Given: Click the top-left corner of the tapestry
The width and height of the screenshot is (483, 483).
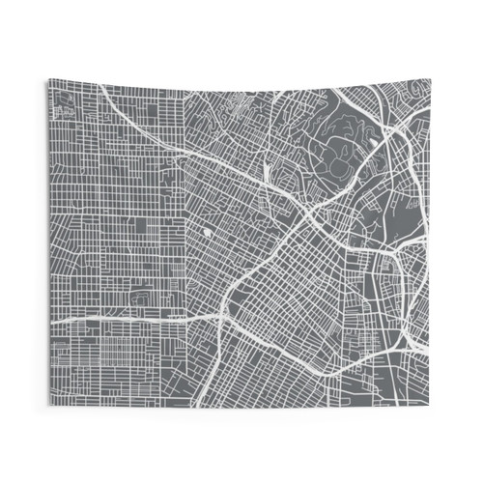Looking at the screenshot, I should pos(46,80).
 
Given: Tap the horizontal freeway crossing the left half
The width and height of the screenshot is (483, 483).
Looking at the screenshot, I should pos(116,317).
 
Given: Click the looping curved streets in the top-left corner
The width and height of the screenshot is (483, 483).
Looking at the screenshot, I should pos(62,97).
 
